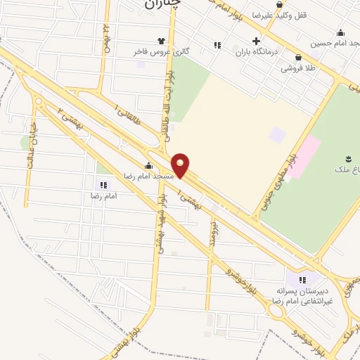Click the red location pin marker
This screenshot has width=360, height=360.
181,165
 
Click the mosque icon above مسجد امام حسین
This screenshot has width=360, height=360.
340,32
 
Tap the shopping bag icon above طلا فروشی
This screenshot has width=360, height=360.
299,58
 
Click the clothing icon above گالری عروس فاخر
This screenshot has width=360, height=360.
162,41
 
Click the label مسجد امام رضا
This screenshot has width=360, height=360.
148,176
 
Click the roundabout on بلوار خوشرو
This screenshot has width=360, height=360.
276,309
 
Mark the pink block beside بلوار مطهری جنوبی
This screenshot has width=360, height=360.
304,157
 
